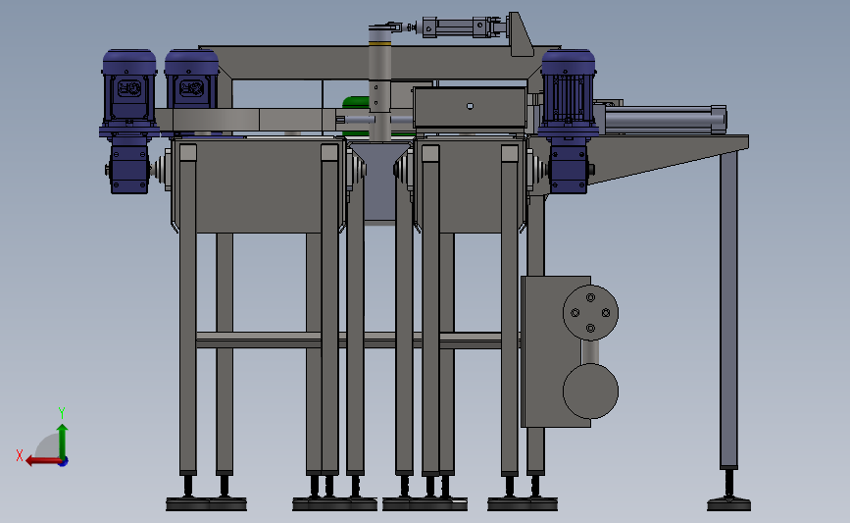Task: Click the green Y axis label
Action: click(x=62, y=413)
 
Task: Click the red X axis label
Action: click(x=20, y=455)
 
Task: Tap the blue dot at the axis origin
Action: click(x=63, y=462)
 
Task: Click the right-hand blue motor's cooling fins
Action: click(x=568, y=98)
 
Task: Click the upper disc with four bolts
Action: click(x=590, y=312)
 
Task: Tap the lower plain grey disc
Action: click(x=590, y=392)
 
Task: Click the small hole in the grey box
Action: click(x=470, y=106)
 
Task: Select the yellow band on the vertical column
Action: click(x=379, y=44)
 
